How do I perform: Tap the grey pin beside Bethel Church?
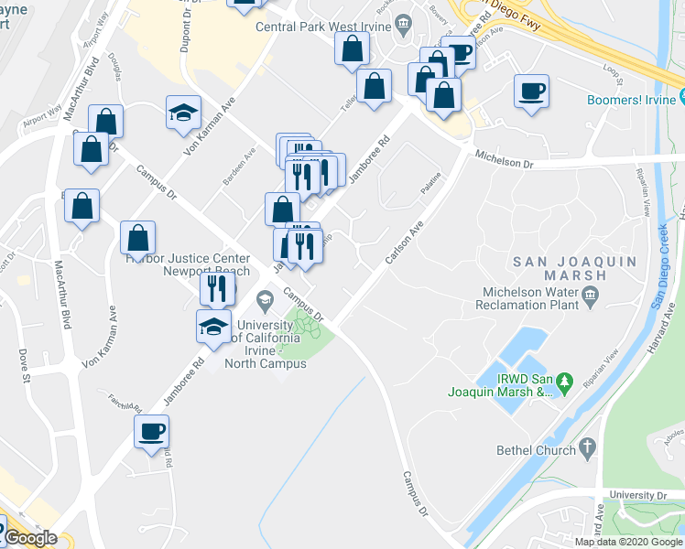pyautogui.click(x=586, y=449)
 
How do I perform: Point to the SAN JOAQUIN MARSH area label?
pyautogui.click(x=559, y=267)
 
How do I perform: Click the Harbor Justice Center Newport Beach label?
pyautogui.click(x=187, y=264)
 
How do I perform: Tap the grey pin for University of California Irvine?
pyautogui.click(x=265, y=299)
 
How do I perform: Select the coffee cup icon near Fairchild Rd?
pyautogui.click(x=151, y=429)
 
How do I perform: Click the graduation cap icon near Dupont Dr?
pyautogui.click(x=183, y=112)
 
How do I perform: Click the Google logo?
pyautogui.click(x=30, y=538)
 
